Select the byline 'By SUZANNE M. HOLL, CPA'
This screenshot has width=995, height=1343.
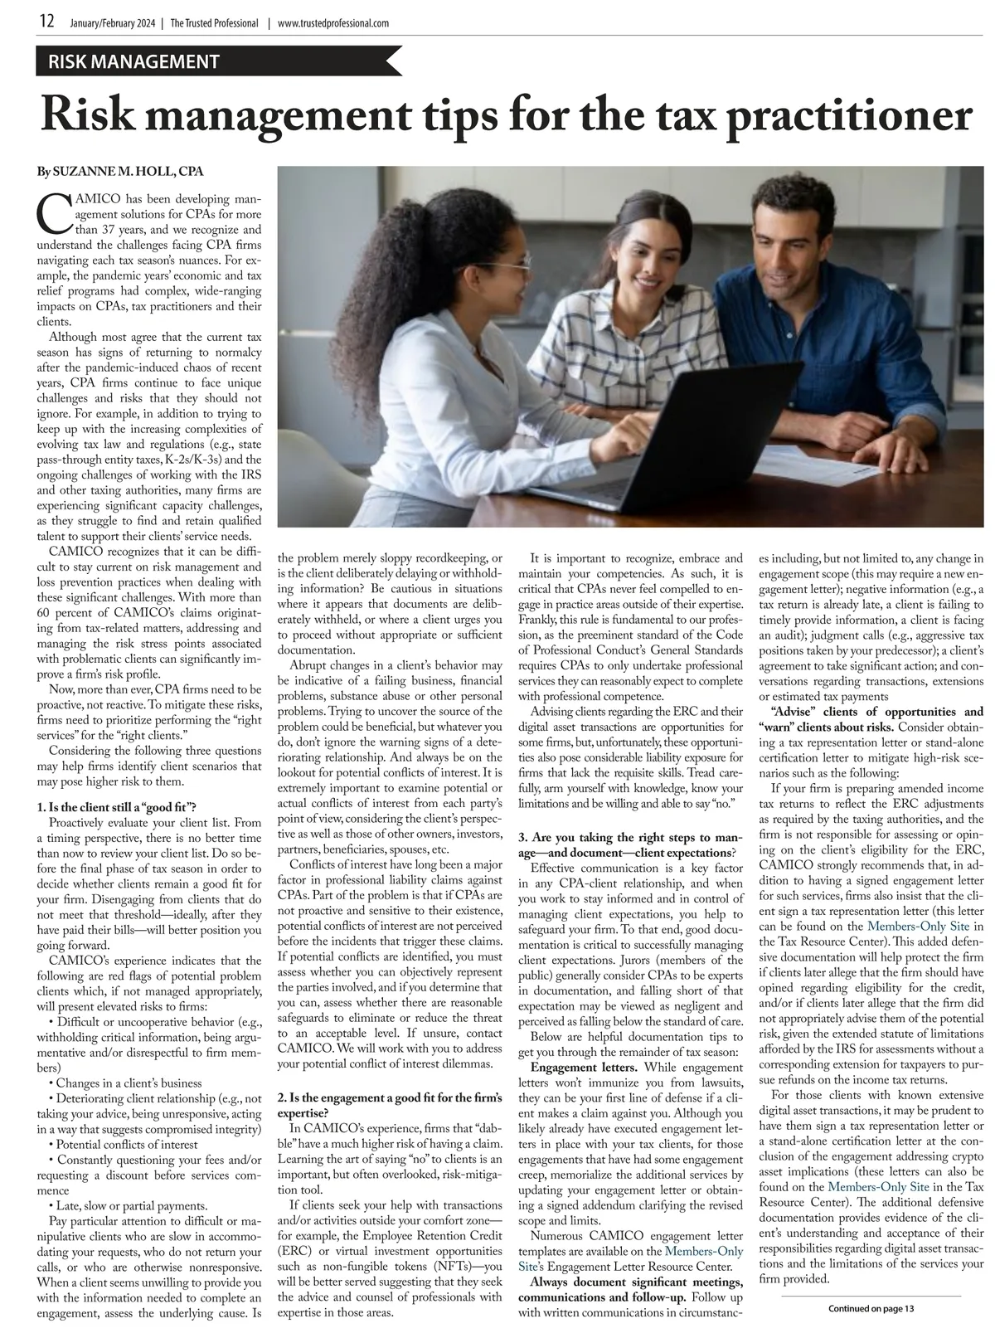pyautogui.click(x=120, y=172)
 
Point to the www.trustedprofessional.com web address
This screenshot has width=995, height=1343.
pyautogui.click(x=332, y=23)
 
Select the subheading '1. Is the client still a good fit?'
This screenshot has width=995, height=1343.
pyautogui.click(x=116, y=807)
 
